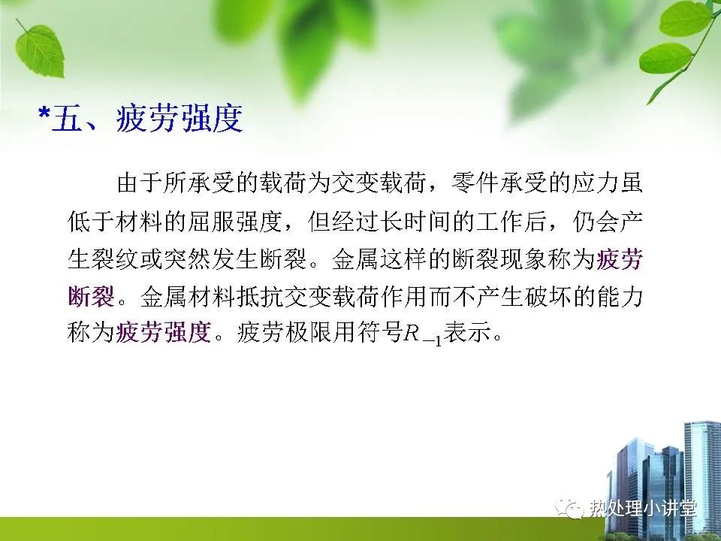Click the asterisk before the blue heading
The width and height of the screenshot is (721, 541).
[44, 113]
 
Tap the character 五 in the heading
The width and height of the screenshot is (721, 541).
[67, 118]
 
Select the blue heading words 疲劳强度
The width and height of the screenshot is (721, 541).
[179, 118]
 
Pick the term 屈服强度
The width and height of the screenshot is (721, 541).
[235, 221]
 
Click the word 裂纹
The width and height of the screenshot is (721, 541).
[115, 259]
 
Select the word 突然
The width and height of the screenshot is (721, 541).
[187, 259]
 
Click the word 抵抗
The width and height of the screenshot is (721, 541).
[259, 298]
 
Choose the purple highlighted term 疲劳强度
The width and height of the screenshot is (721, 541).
[163, 332]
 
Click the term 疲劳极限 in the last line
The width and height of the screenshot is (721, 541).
[283, 332]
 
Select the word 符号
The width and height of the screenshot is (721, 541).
[380, 332]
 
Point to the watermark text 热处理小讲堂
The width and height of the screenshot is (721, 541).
[643, 509]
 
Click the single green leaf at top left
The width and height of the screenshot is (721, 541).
[39, 50]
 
